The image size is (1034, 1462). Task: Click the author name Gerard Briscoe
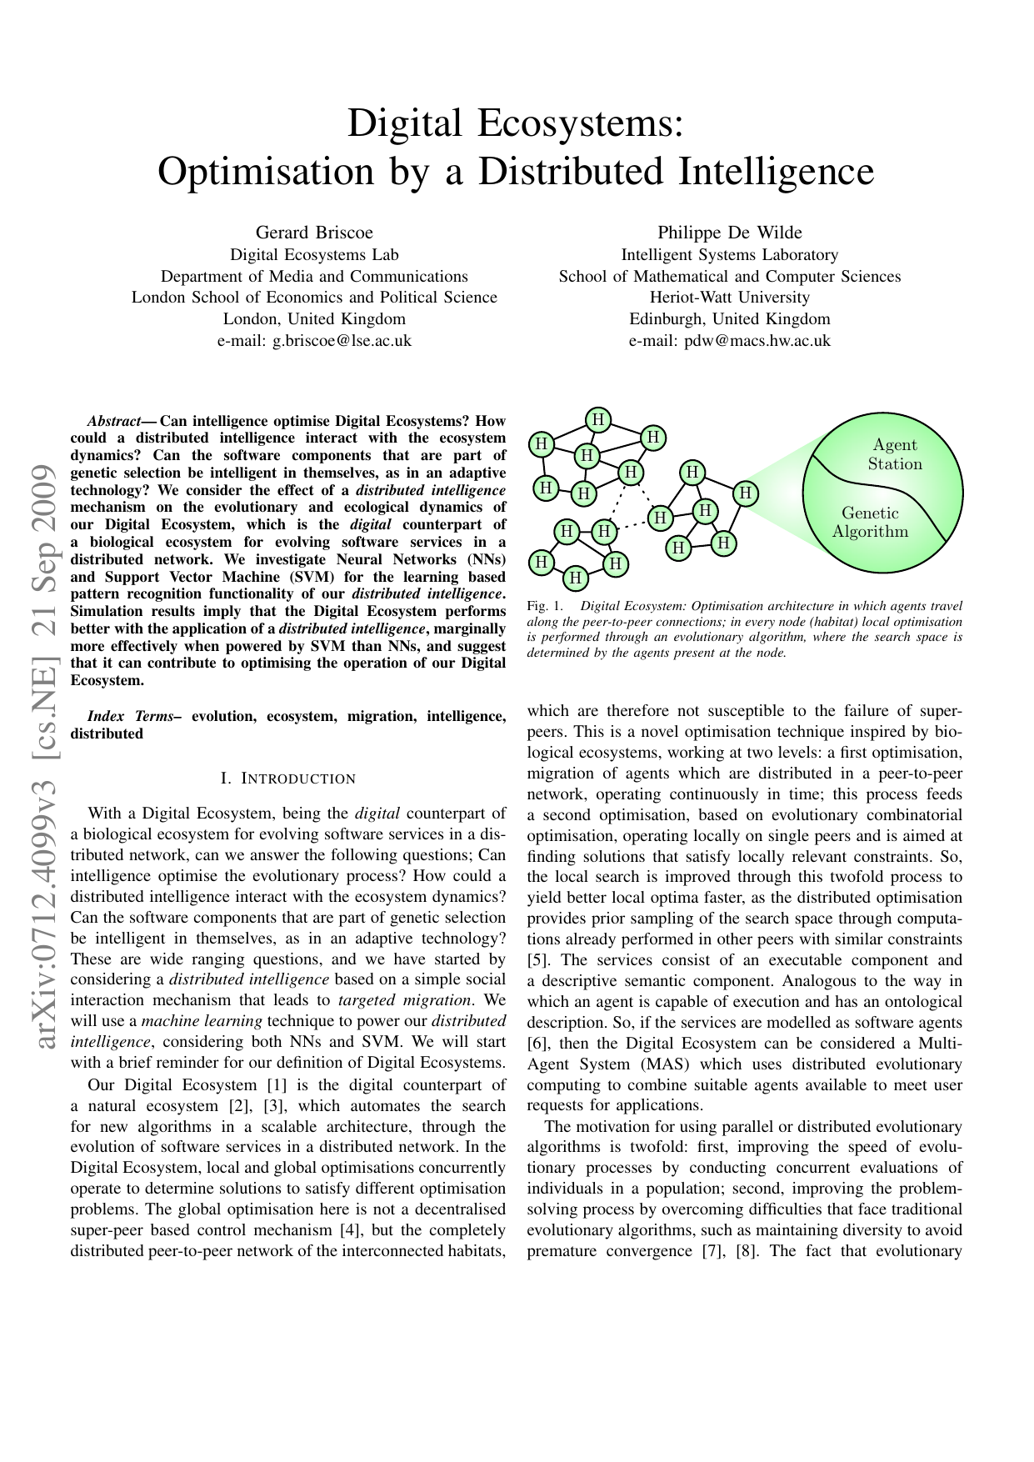click(x=314, y=233)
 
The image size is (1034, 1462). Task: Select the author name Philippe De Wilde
click(x=729, y=233)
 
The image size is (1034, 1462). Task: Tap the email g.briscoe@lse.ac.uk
click(x=342, y=340)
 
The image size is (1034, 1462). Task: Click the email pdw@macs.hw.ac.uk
click(x=757, y=340)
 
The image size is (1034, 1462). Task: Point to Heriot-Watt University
click(x=729, y=298)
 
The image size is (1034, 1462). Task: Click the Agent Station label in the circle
click(x=895, y=454)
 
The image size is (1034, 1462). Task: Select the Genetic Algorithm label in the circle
click(x=870, y=523)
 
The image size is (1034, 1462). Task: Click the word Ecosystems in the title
click(x=580, y=123)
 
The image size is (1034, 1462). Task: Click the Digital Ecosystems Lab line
click(x=314, y=255)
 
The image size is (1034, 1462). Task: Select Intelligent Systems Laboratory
click(x=729, y=255)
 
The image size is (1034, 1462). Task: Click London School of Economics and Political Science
click(x=314, y=298)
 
